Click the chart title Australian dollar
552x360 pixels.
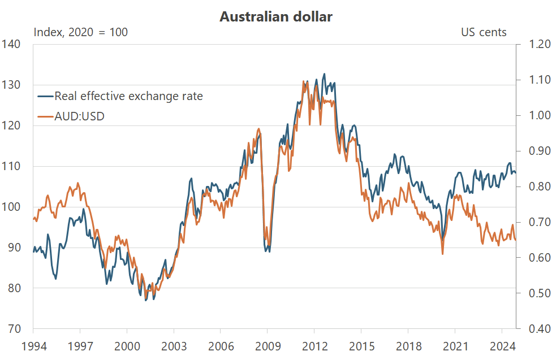276,17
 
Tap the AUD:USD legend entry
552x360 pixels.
79,116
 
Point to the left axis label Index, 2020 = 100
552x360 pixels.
81,32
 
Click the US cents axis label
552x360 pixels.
484,32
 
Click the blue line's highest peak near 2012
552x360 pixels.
324,73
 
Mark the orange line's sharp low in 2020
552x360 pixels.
442,254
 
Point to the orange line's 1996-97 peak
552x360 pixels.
77,183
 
